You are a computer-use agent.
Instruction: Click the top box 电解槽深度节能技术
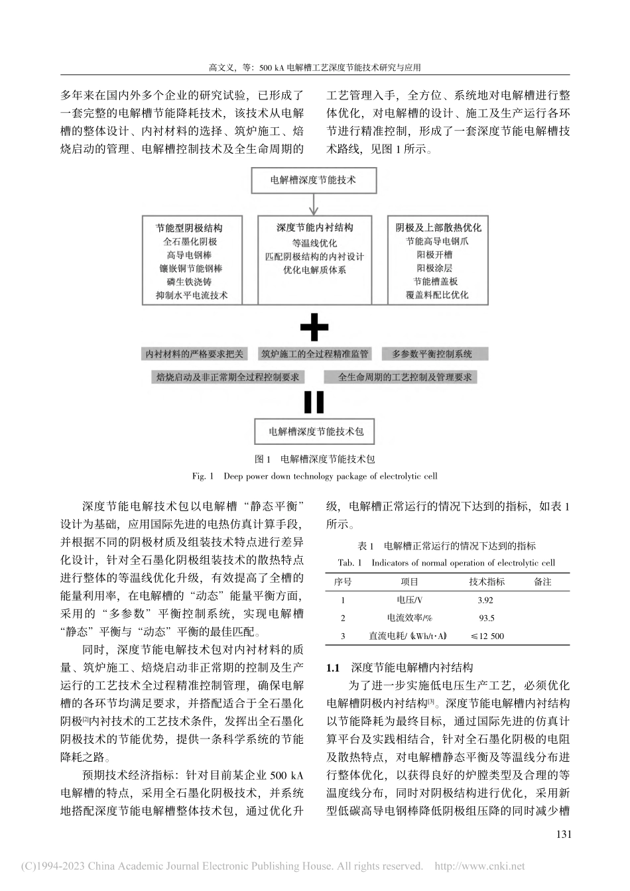(314, 180)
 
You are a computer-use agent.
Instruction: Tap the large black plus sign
(314, 327)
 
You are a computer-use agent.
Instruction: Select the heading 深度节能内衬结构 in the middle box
(314, 227)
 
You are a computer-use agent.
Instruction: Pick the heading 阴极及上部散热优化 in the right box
(438, 227)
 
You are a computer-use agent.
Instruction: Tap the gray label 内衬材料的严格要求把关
(195, 354)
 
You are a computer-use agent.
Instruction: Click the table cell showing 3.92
(485, 600)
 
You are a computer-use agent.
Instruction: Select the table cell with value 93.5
(486, 618)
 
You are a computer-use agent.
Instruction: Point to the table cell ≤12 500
(487, 636)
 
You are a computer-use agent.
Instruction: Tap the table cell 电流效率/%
(409, 618)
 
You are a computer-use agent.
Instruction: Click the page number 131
(561, 834)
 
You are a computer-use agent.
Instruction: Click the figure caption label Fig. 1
(202, 476)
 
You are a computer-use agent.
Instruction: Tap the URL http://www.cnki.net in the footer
(479, 866)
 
